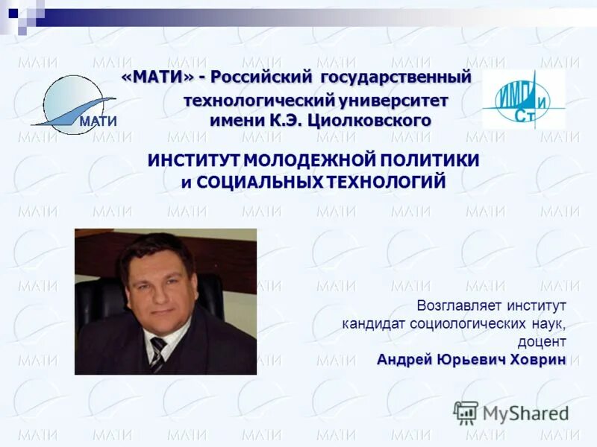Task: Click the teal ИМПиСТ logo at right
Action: [523, 101]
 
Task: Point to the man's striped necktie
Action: [157, 355]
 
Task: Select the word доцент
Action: [542, 342]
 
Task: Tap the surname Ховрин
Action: [537, 361]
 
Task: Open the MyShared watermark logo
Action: [511, 413]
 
